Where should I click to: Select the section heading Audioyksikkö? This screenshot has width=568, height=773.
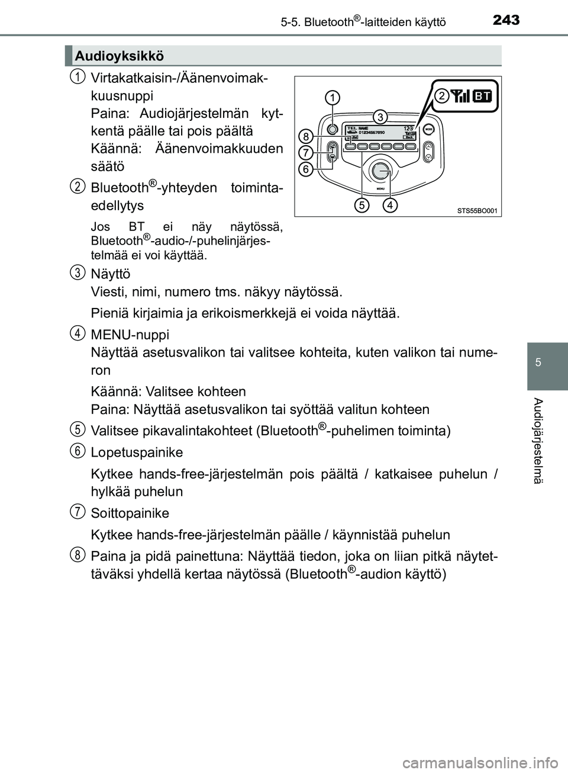click(120, 56)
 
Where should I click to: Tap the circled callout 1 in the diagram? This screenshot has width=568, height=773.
click(333, 97)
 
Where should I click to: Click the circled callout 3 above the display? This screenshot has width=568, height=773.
click(379, 116)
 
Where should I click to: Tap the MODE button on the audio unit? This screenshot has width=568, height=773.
click(429, 129)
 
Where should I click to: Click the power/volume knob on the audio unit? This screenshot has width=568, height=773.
click(333, 129)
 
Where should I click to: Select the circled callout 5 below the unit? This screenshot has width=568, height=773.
click(362, 206)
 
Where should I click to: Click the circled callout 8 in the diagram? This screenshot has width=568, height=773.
click(305, 136)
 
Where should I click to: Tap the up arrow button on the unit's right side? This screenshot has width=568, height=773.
click(428, 146)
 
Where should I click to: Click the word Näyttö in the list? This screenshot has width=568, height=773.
click(111, 274)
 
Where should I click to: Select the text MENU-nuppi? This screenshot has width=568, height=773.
click(130, 335)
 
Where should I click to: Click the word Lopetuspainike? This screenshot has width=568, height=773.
click(137, 453)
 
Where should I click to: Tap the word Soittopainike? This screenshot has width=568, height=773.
click(130, 513)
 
